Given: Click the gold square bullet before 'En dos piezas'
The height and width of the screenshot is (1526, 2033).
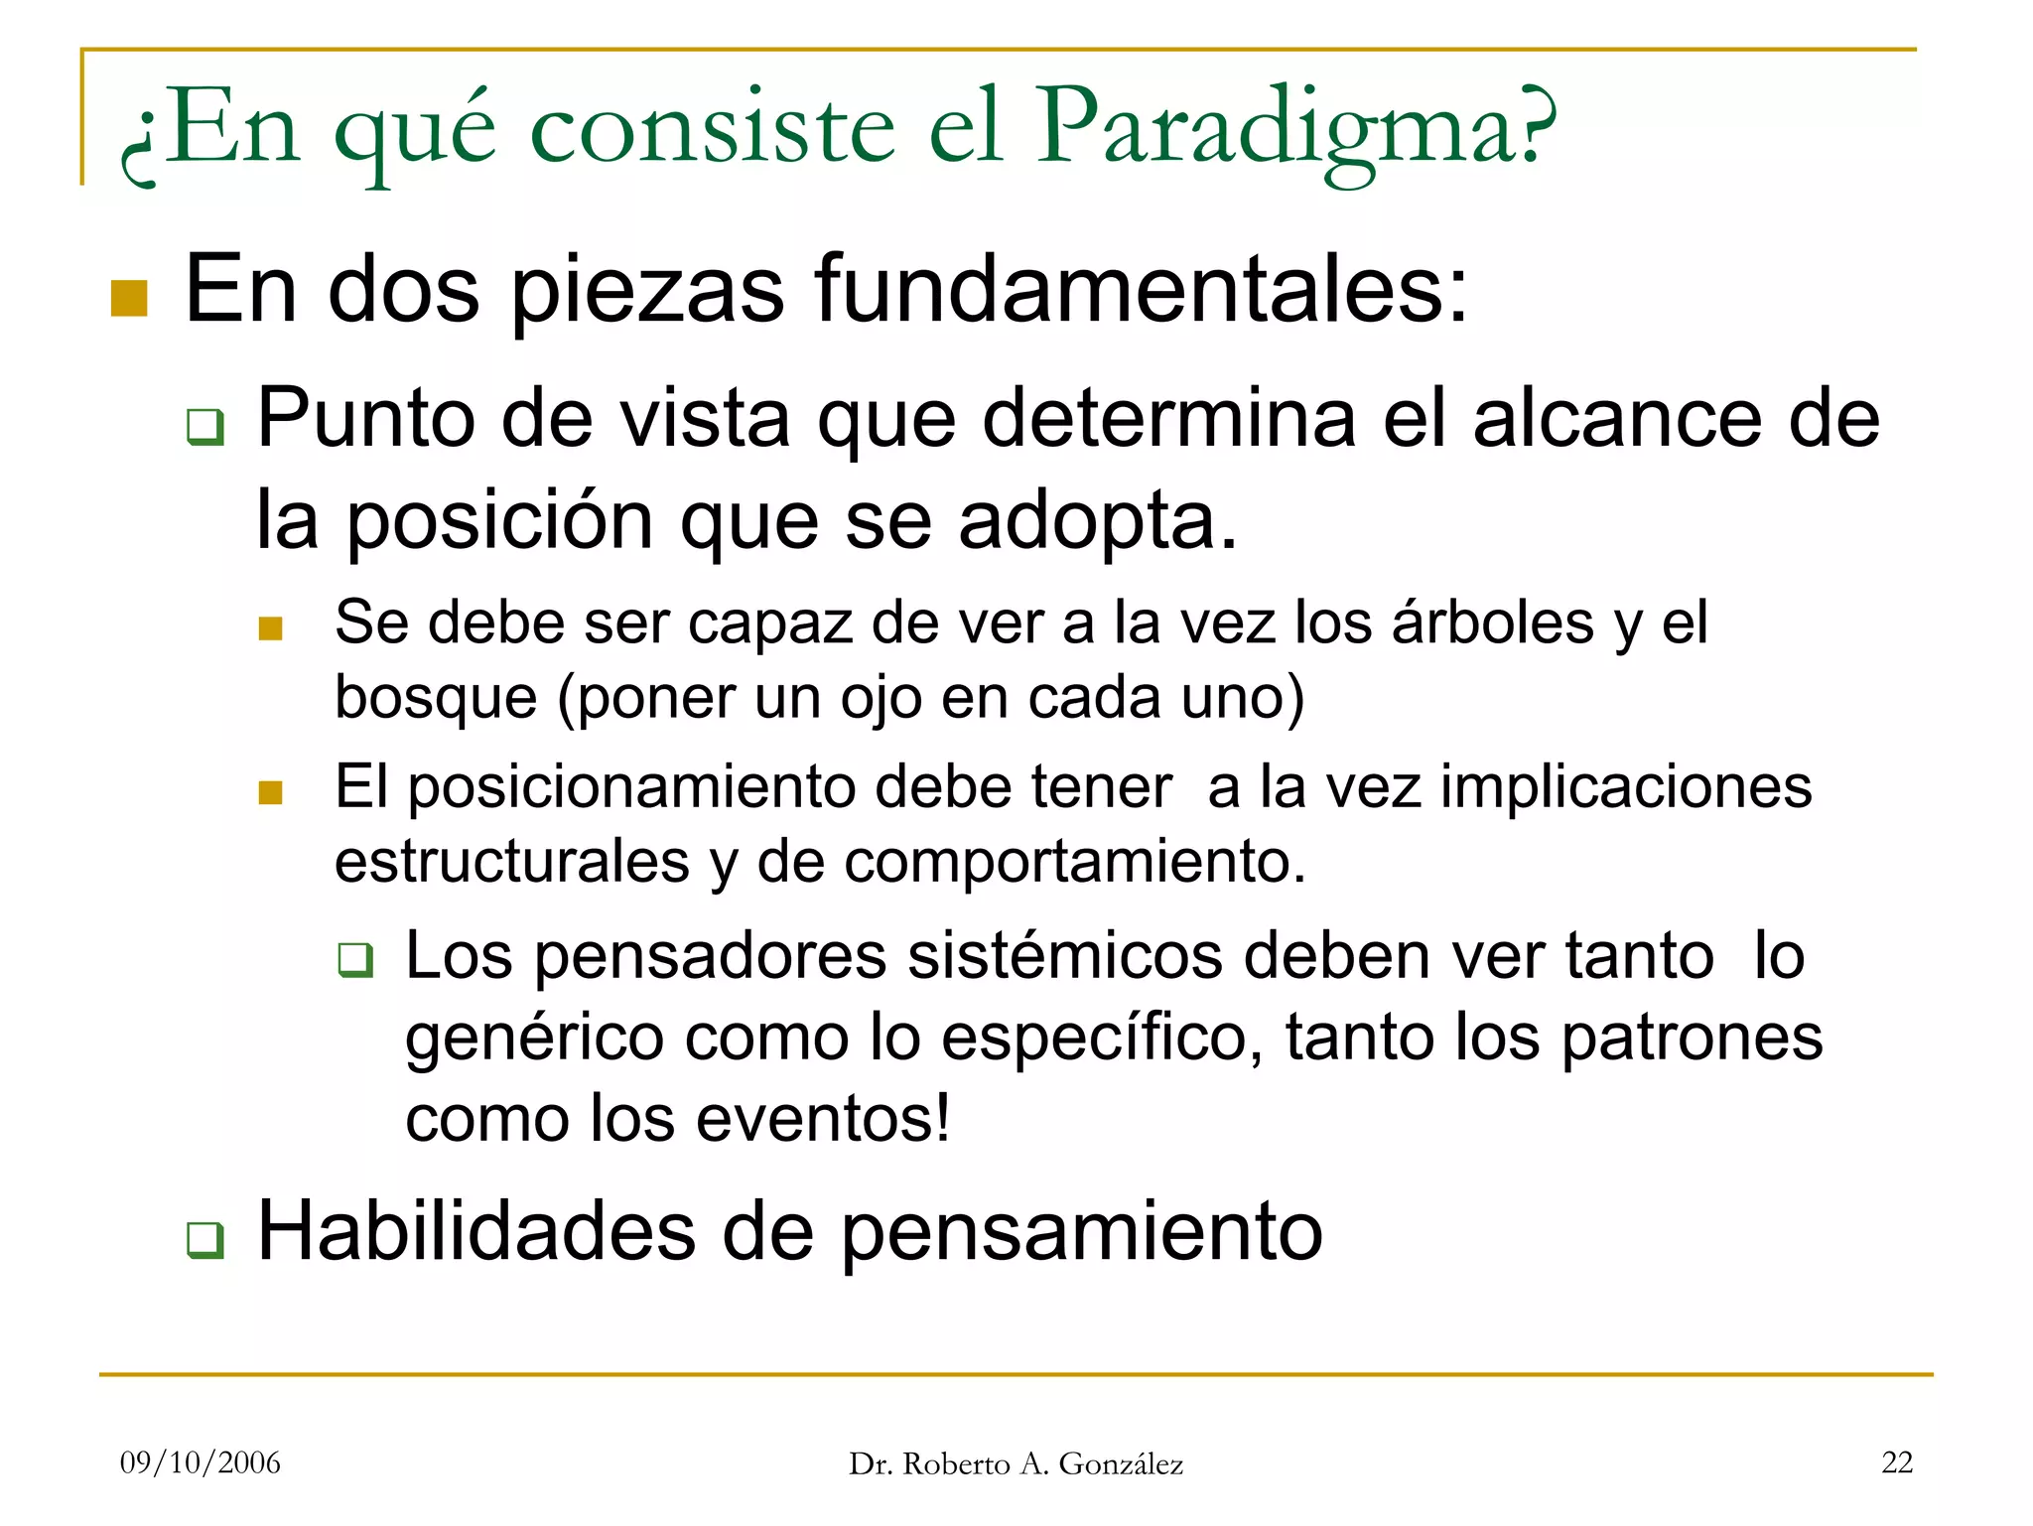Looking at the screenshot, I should pos(129,298).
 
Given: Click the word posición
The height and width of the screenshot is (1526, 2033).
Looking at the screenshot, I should pos(498,521).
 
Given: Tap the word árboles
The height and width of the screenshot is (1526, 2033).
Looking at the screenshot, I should pos(1492,624).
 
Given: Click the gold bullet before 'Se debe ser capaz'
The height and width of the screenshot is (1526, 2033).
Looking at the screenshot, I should pos(270,628).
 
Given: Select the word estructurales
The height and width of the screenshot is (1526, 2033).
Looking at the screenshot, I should pos(511,861).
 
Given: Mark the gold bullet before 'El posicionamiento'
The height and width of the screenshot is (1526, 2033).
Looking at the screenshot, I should pos(270,792).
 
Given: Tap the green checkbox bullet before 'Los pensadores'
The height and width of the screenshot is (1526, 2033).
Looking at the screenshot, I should pos(355,960).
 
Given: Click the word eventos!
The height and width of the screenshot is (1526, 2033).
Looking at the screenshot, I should pos(823,1119).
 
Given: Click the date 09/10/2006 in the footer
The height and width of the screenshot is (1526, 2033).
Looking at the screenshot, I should pos(201,1462).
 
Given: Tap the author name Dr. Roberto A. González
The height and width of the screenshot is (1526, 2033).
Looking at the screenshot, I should pos(1016,1464).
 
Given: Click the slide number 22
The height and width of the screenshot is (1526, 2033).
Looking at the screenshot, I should pos(1897,1462).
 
